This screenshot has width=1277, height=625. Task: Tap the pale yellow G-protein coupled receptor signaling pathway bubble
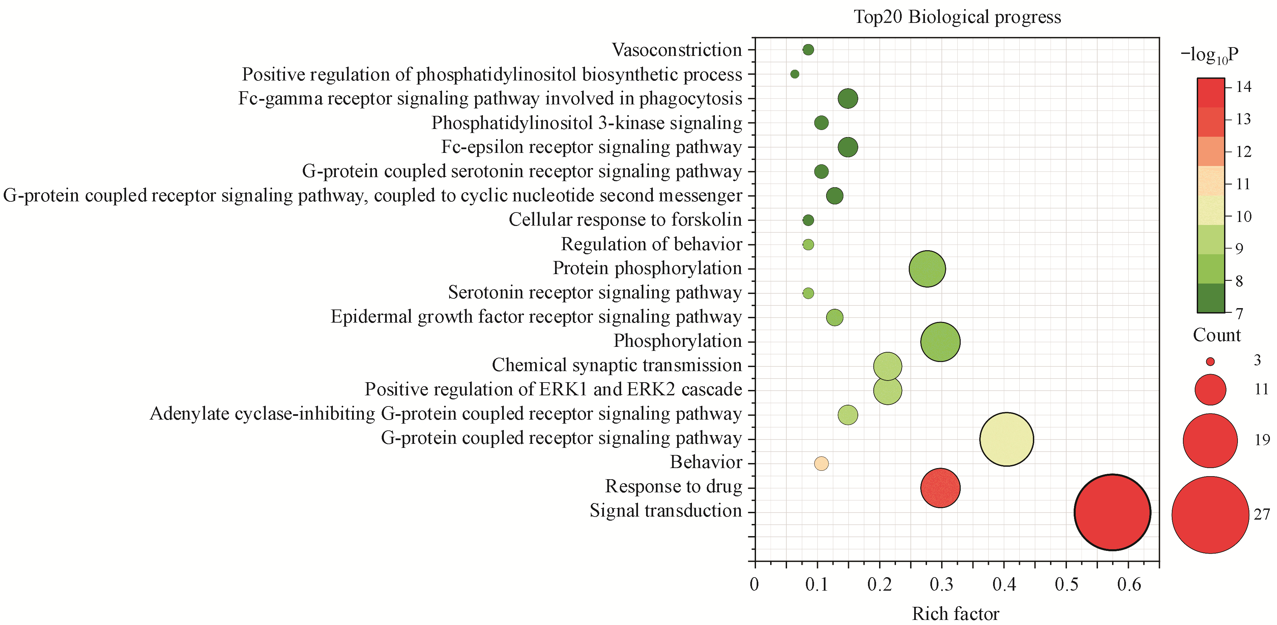coord(1006,439)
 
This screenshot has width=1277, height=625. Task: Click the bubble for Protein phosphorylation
coord(927,269)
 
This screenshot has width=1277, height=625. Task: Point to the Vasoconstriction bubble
coord(808,50)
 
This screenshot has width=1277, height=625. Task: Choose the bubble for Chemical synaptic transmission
coord(887,366)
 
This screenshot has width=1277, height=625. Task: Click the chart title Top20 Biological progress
coord(957,17)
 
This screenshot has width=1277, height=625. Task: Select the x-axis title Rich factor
coord(955,614)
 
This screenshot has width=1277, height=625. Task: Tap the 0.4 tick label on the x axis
coord(1004,585)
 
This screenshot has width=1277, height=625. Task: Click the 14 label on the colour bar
coord(1243,87)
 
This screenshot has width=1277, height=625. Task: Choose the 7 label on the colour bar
coord(1239,314)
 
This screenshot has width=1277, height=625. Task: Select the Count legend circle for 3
coord(1210,362)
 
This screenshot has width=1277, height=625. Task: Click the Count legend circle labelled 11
coord(1210,390)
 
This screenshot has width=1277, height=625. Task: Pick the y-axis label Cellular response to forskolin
coord(625,220)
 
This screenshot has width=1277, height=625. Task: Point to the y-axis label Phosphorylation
coord(678,341)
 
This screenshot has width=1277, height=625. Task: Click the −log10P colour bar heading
coord(1210,55)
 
